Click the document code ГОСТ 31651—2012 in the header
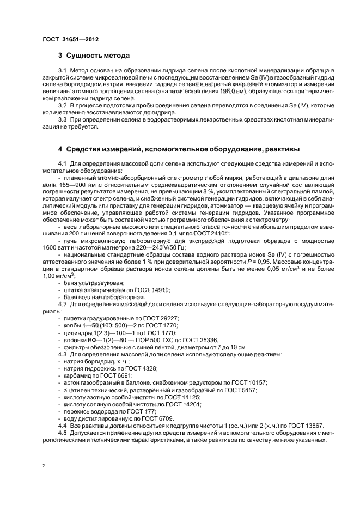(x=70, y=39)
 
